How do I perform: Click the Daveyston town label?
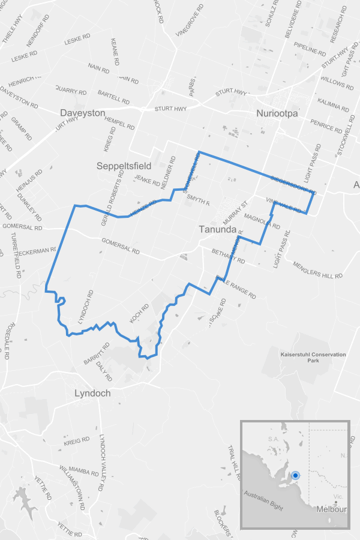click(83, 113)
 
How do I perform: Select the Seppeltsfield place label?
click(124, 165)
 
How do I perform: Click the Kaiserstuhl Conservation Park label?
click(313, 358)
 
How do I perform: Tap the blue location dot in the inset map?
click(295, 475)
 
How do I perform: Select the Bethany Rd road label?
click(229, 256)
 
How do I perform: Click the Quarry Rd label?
click(71, 90)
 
